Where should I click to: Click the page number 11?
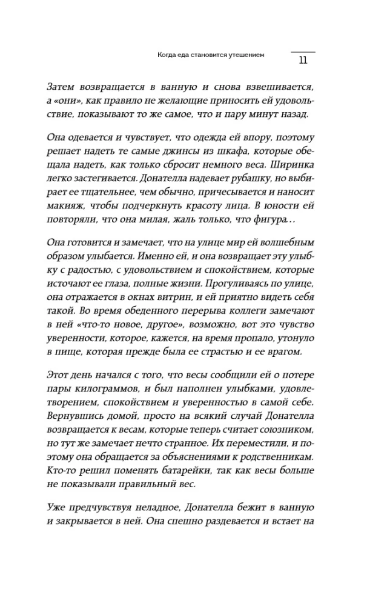tap(303, 60)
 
